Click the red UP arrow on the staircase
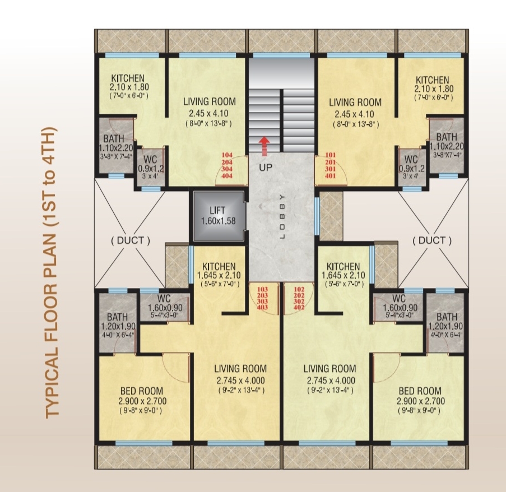point(264,146)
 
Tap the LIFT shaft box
point(218,216)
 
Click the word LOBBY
point(282,216)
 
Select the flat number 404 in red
point(227,176)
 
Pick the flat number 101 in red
point(331,155)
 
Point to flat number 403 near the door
point(262,307)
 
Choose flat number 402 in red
point(299,307)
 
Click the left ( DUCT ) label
point(131,240)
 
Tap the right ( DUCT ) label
point(432,240)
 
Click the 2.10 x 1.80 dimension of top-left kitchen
point(129,87)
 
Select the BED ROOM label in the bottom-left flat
point(142,391)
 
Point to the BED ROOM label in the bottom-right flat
point(420,391)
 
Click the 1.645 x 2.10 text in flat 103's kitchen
point(219,276)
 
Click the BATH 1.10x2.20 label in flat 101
point(447,145)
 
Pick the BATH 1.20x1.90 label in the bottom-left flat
point(118,325)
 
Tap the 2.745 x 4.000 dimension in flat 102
point(331,380)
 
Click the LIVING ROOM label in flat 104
point(210,101)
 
